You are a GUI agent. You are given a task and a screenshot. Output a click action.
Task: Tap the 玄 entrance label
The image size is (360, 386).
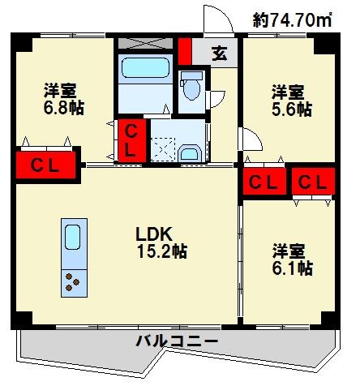click(x=219, y=54)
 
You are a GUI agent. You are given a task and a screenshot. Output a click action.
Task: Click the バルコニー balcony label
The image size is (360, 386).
click(x=176, y=341)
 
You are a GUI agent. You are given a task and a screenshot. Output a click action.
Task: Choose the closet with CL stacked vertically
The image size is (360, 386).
click(x=132, y=140)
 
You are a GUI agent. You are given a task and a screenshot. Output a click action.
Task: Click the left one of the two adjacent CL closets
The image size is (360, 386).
click(x=263, y=182)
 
